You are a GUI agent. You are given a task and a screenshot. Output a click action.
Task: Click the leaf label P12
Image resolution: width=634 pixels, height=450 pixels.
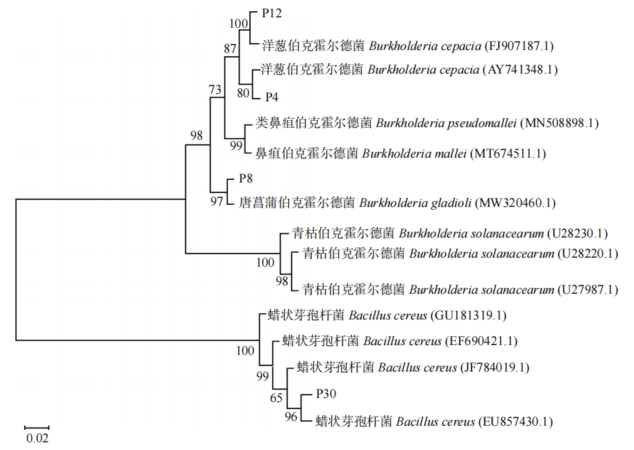[x=272, y=13]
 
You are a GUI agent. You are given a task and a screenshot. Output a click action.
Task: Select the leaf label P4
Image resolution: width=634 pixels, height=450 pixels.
[x=272, y=97]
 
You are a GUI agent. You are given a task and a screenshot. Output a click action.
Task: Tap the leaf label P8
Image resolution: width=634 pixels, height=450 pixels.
[x=246, y=178]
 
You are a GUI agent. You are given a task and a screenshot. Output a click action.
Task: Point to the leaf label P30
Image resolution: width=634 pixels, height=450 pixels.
[x=326, y=394]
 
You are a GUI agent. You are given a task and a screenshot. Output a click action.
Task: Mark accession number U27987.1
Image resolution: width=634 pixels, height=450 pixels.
[x=588, y=290]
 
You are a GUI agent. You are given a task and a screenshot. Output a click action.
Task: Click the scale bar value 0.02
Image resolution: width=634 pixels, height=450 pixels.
[x=37, y=438]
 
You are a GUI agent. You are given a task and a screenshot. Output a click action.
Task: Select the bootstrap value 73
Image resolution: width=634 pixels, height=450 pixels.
[x=216, y=90]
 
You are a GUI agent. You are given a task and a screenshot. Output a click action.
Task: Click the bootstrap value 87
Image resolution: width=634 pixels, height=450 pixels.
[x=230, y=49]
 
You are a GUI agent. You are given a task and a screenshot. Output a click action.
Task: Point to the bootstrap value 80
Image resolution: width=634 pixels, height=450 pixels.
[x=243, y=92]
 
